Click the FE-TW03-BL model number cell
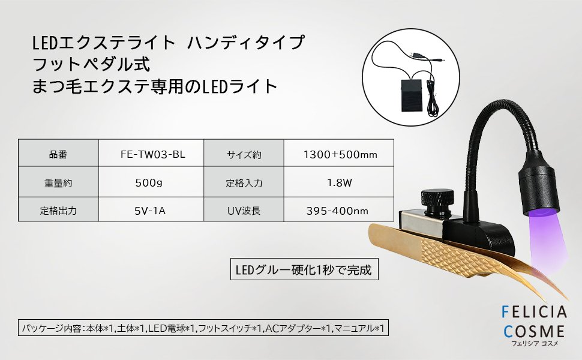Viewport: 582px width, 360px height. pyautogui.click(x=151, y=153)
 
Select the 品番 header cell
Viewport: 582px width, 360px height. pyautogui.click(x=58, y=153)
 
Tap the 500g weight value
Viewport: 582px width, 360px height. pyautogui.click(x=151, y=182)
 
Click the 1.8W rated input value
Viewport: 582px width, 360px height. pyautogui.click(x=339, y=182)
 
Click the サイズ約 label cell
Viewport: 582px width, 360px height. pyautogui.click(x=244, y=153)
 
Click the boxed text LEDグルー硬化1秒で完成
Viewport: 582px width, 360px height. pyautogui.click(x=304, y=269)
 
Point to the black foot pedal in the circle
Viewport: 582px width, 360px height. pyautogui.click(x=411, y=96)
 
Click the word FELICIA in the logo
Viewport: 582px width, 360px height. pyautogui.click(x=534, y=312)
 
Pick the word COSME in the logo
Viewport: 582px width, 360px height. pyautogui.click(x=534, y=331)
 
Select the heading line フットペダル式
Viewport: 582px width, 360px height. pyautogui.click(x=91, y=64)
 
